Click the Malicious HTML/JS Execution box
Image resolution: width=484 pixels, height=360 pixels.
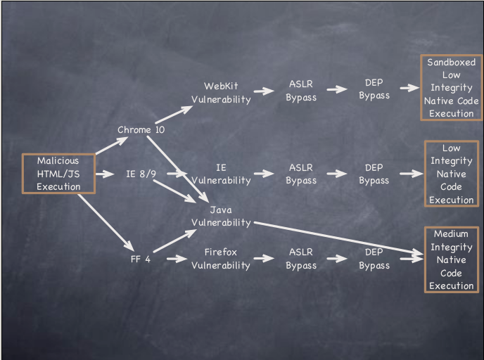pos(58,174)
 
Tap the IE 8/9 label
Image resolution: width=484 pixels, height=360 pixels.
pos(141,174)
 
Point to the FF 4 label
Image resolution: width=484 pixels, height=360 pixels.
pos(140,258)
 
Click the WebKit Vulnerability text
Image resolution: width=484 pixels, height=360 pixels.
pos(221,93)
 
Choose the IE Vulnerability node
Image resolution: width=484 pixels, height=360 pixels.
pos(221,174)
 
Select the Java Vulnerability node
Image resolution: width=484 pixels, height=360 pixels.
pos(221,216)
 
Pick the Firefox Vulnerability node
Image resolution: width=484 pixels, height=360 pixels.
pos(221,258)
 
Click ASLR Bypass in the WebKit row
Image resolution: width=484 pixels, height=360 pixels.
pos(301,91)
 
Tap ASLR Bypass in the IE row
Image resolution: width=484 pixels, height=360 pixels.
pos(301,174)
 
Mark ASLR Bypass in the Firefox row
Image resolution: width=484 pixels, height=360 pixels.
pos(301,258)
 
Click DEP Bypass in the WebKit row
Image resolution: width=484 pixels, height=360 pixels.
pos(374,89)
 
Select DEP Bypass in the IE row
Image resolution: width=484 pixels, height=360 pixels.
pos(374,174)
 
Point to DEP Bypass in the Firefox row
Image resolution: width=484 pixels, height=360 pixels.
pos(374,258)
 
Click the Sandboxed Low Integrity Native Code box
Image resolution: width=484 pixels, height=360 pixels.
pos(451,88)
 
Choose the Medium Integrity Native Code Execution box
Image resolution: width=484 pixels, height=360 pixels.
pos(451,259)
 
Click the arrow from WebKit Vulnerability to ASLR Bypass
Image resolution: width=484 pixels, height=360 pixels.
pos(264,91)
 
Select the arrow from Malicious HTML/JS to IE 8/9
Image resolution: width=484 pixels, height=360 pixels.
pos(103,174)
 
